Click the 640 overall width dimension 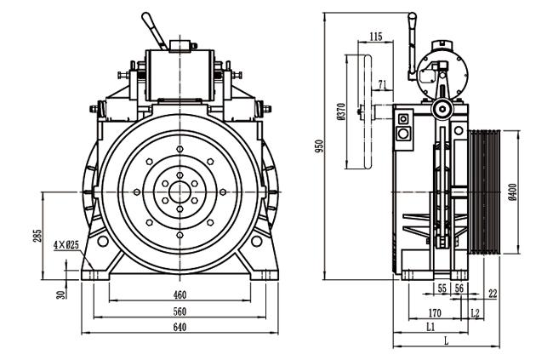180,327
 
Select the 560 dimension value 180,311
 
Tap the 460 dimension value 180,294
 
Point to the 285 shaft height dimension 37,236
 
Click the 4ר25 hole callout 66,245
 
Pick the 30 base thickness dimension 61,294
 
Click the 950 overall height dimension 319,146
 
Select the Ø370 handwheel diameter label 340,112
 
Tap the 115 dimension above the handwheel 376,37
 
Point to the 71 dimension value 382,85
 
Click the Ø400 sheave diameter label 513,192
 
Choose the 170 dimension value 435,313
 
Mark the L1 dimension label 430,327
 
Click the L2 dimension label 475,312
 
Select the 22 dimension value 493,293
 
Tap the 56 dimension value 459,289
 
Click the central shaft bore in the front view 180,192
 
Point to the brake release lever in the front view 154,31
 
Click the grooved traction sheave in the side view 484,192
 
